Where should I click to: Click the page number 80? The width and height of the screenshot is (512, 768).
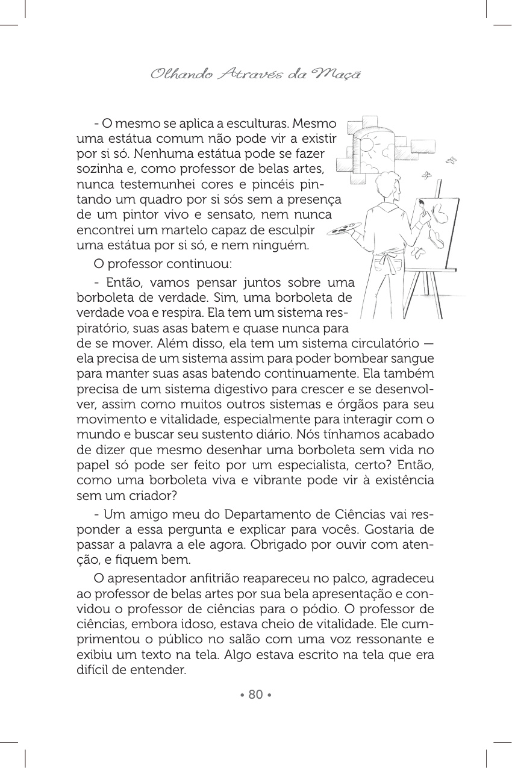click(255, 695)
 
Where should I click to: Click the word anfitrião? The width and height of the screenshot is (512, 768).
click(222, 578)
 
